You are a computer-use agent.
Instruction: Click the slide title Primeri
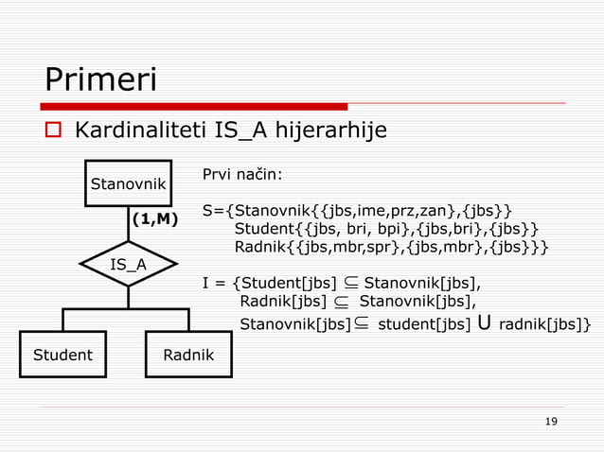click(100, 80)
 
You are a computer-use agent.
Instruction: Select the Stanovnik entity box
click(129, 183)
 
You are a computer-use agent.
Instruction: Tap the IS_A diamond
click(129, 264)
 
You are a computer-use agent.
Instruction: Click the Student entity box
click(62, 356)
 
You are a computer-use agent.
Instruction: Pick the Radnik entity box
click(187, 356)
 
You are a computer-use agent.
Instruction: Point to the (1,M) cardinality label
click(154, 219)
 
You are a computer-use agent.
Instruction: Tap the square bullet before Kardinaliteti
click(53, 130)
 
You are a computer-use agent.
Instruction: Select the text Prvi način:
click(242, 175)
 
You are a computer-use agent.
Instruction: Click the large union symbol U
click(484, 323)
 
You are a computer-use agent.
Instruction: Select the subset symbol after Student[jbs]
click(351, 282)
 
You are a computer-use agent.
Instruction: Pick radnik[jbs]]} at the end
click(545, 325)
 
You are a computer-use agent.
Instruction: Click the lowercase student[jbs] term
click(424, 325)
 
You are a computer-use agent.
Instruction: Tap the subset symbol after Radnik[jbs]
click(341, 303)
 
